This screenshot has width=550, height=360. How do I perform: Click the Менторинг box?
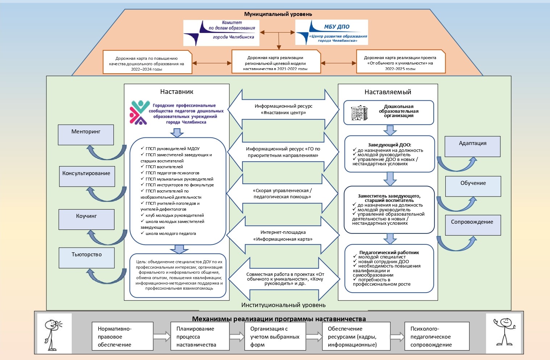(x=86, y=135)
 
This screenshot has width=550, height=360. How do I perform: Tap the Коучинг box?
(x=87, y=219)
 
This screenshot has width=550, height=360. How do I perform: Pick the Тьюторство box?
(x=87, y=258)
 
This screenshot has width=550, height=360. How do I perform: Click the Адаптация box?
(x=472, y=146)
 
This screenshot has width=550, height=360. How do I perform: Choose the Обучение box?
(x=473, y=186)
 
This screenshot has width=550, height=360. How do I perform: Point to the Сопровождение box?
(x=472, y=225)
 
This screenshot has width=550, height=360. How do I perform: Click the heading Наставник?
(x=176, y=92)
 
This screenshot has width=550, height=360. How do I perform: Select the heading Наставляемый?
(x=388, y=92)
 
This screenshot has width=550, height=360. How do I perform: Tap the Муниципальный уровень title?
(x=278, y=14)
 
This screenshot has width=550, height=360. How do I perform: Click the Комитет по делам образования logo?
(x=221, y=33)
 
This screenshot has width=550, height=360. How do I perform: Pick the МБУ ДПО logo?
(x=332, y=33)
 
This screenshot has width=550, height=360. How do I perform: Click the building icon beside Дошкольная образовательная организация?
(x=359, y=113)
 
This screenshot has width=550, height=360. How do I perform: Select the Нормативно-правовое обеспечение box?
(x=122, y=336)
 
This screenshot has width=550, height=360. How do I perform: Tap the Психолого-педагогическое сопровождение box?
(x=437, y=336)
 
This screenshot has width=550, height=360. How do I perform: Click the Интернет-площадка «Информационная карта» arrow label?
(x=283, y=236)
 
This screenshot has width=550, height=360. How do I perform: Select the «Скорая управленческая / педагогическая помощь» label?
(x=282, y=194)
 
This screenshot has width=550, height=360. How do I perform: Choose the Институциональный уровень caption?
(x=283, y=305)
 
